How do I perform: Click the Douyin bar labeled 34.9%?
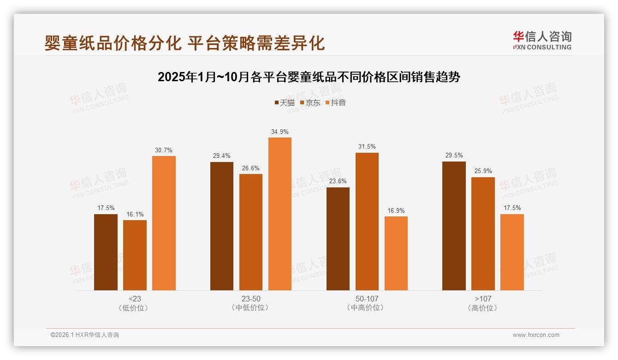(280, 214)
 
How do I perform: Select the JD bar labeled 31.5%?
(367, 222)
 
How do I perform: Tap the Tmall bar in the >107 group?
(454, 226)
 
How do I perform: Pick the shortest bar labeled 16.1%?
(135, 255)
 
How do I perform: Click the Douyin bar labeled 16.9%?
(396, 253)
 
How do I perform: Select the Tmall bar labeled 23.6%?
(338, 239)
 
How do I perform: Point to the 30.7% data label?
(164, 150)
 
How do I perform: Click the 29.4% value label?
(222, 156)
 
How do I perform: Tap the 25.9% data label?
(483, 171)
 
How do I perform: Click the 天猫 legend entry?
(285, 102)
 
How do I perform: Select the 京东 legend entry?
(310, 102)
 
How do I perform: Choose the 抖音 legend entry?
(336, 102)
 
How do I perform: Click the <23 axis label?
(135, 299)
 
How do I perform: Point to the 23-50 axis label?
(251, 299)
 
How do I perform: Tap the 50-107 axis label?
(367, 299)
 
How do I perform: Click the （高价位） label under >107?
(483, 308)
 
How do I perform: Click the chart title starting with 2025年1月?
(309, 77)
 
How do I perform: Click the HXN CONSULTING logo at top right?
(542, 41)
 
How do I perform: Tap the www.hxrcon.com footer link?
(536, 335)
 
